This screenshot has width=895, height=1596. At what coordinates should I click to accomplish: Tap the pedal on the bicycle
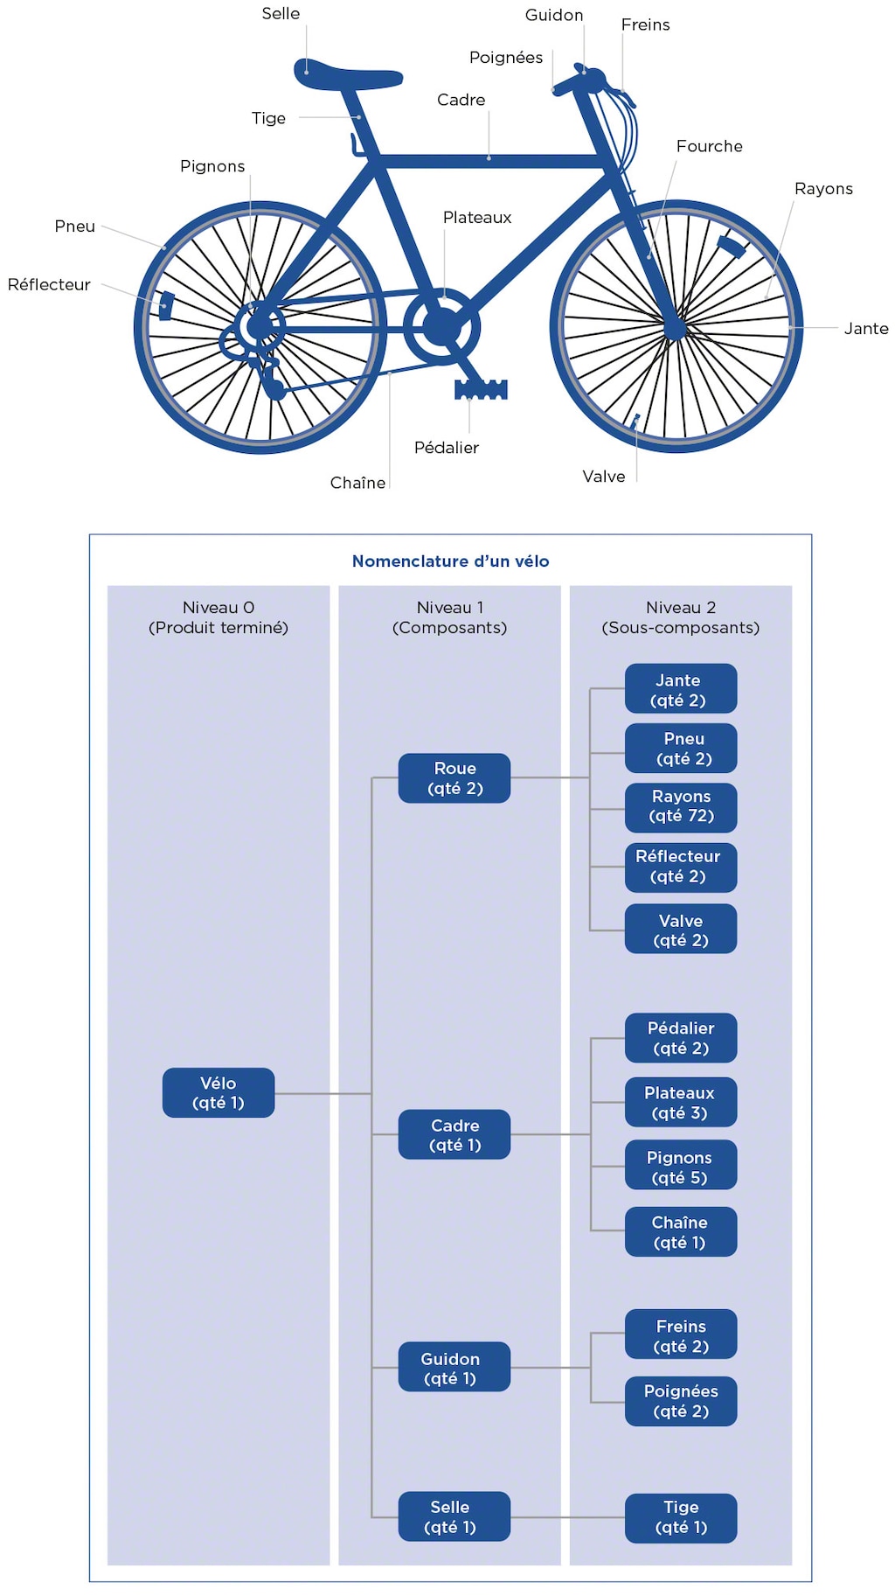coord(481,389)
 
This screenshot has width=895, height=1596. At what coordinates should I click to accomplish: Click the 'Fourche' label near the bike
coord(709,146)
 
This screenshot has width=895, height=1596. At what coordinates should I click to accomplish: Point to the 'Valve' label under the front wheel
coord(604,477)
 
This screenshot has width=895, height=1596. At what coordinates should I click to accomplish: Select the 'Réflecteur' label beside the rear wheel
coord(49,284)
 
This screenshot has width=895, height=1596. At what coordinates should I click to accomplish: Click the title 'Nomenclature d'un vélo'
coord(450,561)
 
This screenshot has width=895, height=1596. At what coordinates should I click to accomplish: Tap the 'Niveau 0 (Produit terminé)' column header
coord(219,617)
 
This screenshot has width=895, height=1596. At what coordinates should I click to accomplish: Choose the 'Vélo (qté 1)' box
coord(219,1092)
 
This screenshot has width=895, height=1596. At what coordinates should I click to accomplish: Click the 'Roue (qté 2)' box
coord(454,778)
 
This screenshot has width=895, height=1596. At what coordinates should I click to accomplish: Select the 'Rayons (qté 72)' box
coord(681,806)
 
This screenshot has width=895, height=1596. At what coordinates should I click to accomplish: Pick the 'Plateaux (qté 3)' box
coord(681,1103)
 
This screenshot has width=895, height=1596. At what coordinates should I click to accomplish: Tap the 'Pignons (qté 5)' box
coord(681,1167)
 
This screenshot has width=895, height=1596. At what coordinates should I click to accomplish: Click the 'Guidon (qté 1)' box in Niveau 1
coord(454,1368)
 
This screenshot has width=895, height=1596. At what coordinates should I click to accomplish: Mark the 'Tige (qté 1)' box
coord(681,1517)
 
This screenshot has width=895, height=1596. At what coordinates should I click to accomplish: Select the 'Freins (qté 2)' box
coord(681,1335)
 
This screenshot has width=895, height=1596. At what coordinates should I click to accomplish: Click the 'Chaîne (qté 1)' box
coord(681,1232)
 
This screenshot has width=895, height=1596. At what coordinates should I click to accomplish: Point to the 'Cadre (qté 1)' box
coord(454,1135)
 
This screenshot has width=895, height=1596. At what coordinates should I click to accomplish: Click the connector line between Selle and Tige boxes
coord(568,1517)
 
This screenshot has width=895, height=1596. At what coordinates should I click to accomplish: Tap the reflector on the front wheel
coord(731,247)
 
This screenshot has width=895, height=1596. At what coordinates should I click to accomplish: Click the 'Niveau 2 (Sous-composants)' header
coord(681,617)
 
